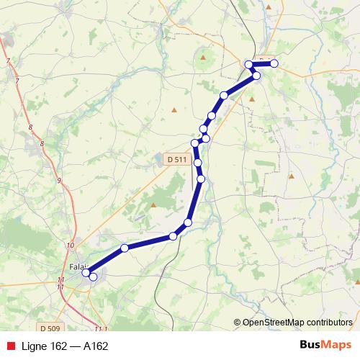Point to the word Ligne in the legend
coord(34,346)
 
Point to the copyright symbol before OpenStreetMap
coord(238,323)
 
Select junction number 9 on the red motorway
coord(58,180)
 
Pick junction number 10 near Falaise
coord(70,246)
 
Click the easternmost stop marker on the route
coord(274,63)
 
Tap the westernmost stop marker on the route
coord(86,272)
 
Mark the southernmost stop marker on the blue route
coord(92,276)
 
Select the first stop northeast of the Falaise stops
coord(125,248)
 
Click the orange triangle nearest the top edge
coord(269,6)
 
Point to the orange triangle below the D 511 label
coord(153,204)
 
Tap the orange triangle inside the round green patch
coord(204,56)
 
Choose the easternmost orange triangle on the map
coord(292,175)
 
